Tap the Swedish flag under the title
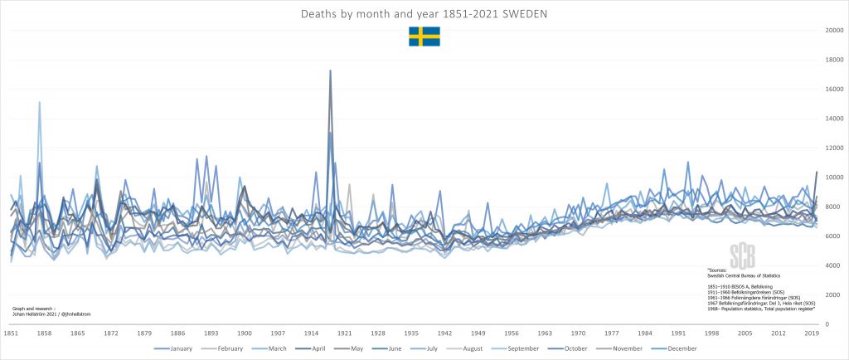pos(424,36)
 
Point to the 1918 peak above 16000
pos(330,71)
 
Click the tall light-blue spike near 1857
pos(39,103)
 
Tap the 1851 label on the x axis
pos(11,333)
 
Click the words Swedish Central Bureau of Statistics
pos(742,274)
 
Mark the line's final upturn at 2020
pos(817,172)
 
